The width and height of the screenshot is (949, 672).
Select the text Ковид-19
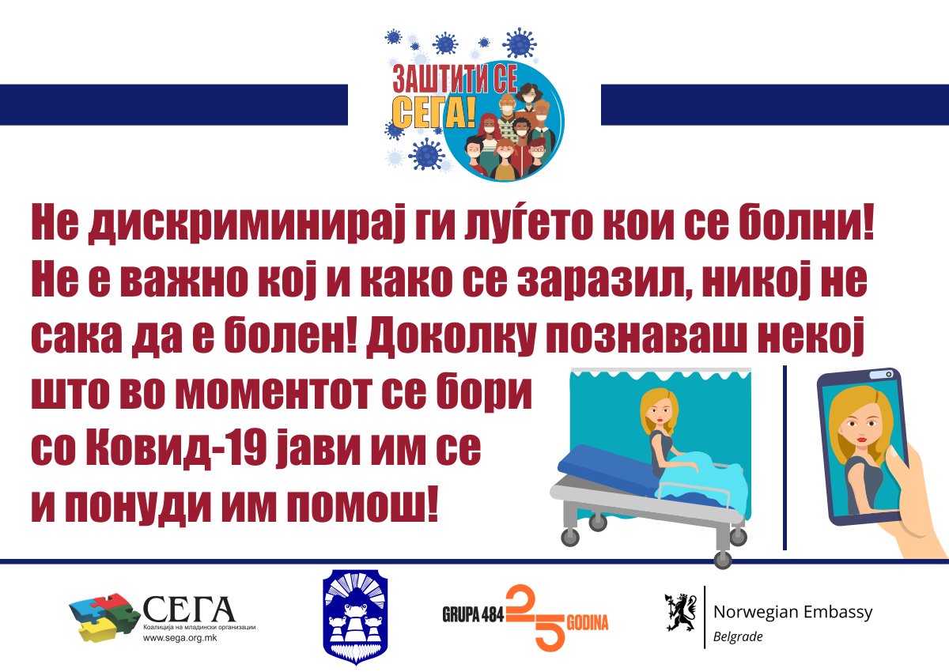point(176,448)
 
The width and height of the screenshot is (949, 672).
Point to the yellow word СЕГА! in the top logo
point(433,112)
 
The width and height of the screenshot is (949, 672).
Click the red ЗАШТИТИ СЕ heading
point(455,79)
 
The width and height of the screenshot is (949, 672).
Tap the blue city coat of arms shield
point(355,617)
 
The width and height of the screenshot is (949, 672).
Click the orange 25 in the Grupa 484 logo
point(536,617)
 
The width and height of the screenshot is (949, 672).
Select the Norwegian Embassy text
point(792,612)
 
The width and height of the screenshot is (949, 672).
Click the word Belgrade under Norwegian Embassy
point(738,637)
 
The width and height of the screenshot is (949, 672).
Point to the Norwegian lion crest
point(681,612)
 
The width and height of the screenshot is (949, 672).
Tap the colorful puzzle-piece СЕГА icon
point(104,617)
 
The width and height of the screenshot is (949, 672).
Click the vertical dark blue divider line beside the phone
point(785,458)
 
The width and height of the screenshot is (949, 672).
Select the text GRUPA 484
point(473,614)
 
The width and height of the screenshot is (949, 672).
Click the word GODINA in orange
point(587,622)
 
